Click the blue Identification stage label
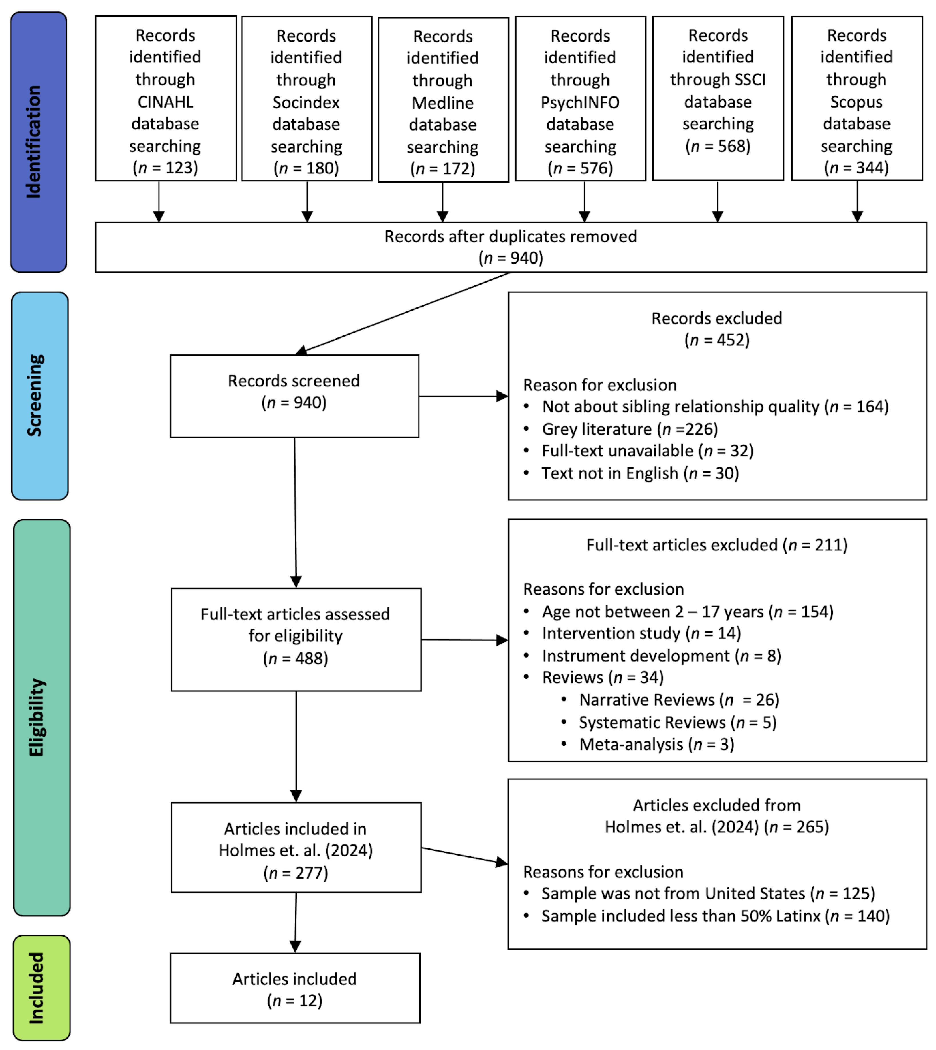pyautogui.click(x=39, y=142)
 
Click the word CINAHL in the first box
pyautogui.click(x=165, y=102)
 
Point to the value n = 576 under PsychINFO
pyautogui.click(x=580, y=168)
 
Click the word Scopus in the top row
pyautogui.click(x=856, y=102)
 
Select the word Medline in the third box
pyautogui.click(x=442, y=103)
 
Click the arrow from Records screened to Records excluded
pyautogui.click(x=463, y=396)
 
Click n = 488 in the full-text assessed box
pyautogui.click(x=295, y=658)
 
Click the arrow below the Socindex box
pyautogui.click(x=307, y=202)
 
